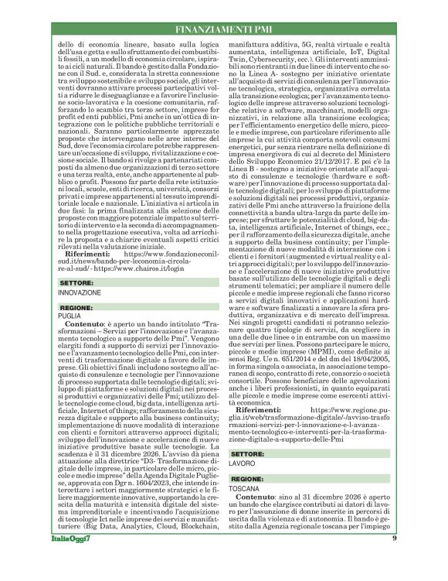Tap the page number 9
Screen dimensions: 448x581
point(393,558)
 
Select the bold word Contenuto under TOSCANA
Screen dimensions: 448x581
point(259,500)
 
